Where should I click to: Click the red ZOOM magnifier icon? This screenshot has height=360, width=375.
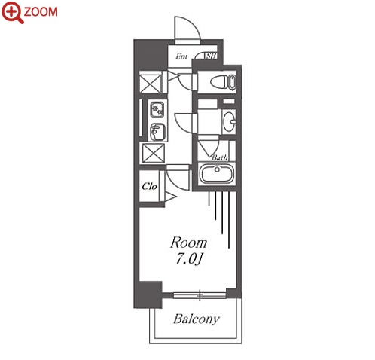12,12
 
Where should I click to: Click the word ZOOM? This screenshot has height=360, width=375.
41,12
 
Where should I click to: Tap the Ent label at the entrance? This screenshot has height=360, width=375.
181,56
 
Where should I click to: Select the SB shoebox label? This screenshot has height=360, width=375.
211,56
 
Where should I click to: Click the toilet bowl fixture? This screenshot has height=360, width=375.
223,82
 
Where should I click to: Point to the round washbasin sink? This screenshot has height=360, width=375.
230,121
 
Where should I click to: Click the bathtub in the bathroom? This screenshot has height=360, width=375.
217,174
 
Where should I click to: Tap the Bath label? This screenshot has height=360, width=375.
220,157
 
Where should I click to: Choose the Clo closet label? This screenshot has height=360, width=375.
149,186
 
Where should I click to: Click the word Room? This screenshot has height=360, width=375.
188,243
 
